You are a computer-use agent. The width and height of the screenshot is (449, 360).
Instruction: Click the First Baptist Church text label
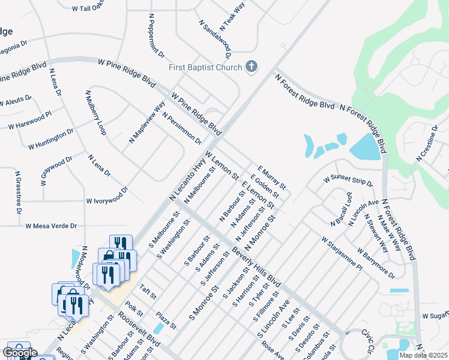click(205, 67)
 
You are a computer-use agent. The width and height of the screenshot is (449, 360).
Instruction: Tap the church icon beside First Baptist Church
click(252, 67)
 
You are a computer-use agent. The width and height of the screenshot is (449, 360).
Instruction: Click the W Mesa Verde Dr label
click(52, 226)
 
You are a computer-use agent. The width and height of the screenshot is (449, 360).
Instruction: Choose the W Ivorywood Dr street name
click(107, 196)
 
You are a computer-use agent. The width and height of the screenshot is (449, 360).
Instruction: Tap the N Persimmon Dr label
click(181, 127)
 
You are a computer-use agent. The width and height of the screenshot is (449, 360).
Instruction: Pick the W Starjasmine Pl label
click(342, 253)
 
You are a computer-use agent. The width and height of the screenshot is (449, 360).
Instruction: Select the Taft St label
click(148, 292)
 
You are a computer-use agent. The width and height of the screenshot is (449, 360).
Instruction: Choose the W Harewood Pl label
click(34, 120)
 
